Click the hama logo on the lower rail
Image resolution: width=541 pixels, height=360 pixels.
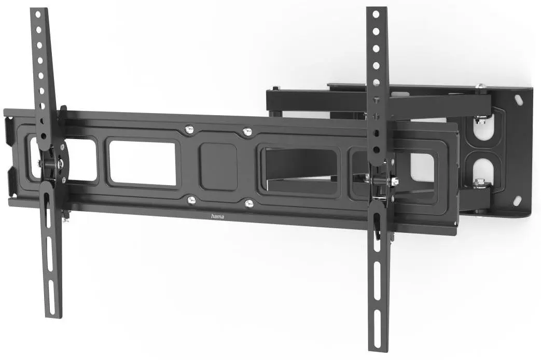[217, 216]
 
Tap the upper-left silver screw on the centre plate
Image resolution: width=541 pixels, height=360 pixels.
[189, 130]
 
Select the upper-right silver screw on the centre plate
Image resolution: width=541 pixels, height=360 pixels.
[247, 132]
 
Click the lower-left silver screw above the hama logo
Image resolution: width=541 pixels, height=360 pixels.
[191, 200]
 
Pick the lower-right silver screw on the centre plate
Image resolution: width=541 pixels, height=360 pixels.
[249, 204]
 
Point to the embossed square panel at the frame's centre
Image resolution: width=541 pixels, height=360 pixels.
[218, 167]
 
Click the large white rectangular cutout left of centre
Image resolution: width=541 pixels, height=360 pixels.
[143, 163]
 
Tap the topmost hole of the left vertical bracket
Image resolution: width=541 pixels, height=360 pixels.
[38, 15]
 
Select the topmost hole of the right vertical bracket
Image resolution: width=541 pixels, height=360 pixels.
[376, 15]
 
